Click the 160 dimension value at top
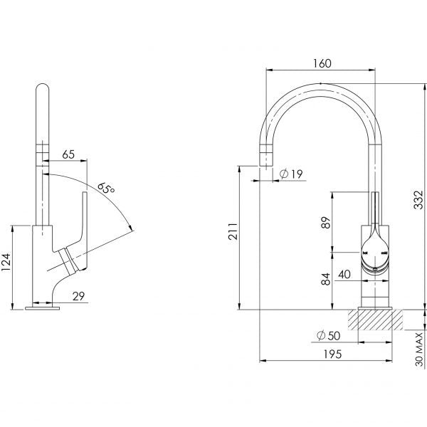(322, 63)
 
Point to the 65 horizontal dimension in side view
(68, 154)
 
